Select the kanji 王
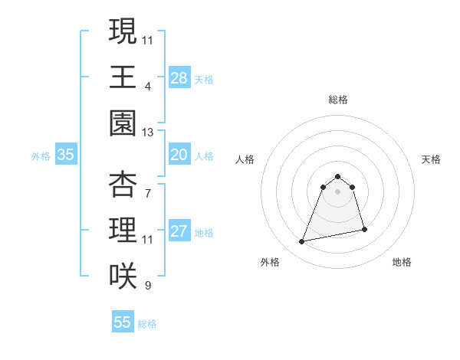point(123,77)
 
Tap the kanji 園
point(123,123)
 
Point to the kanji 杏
point(123,184)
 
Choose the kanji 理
point(123,230)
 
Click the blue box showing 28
point(179,77)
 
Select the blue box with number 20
point(179,155)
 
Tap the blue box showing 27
point(179,231)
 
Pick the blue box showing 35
point(66,155)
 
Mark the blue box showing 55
point(123,322)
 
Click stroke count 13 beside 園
point(148,133)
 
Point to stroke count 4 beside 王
point(148,86)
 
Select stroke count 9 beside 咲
point(148,286)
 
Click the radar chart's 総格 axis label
point(338,100)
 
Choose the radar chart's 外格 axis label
point(270,262)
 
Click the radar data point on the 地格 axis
point(364,229)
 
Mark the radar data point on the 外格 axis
point(302,242)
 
